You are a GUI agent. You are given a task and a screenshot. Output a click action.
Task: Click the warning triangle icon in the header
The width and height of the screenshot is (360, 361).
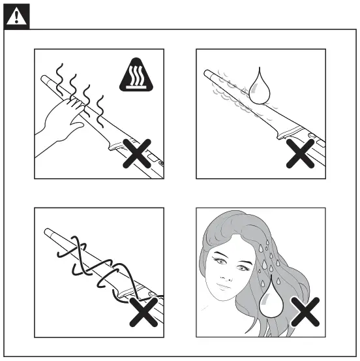coord(13,16)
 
